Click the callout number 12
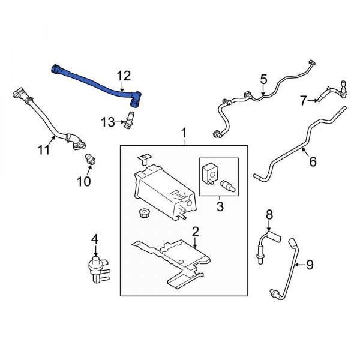[123, 76]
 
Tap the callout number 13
[107, 122]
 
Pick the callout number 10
[84, 180]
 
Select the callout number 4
[94, 240]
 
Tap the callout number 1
[184, 132]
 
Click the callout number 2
[194, 231]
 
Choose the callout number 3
[219, 207]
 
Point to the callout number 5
[262, 79]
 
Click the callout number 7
[303, 100]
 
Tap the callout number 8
[269, 214]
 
